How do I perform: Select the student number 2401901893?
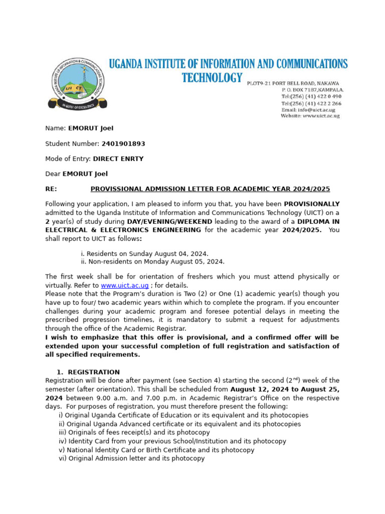tap(123, 144)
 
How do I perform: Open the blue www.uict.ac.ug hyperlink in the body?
tap(125, 285)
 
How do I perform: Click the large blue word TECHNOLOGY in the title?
tap(212, 78)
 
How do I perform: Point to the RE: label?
tap(51, 189)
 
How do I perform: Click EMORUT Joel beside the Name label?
tap(91, 128)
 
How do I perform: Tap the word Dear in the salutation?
tap(53, 174)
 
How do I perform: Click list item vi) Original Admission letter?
tap(131, 458)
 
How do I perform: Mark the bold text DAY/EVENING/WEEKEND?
tap(169, 221)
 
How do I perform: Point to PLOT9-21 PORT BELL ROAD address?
tap(293, 83)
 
